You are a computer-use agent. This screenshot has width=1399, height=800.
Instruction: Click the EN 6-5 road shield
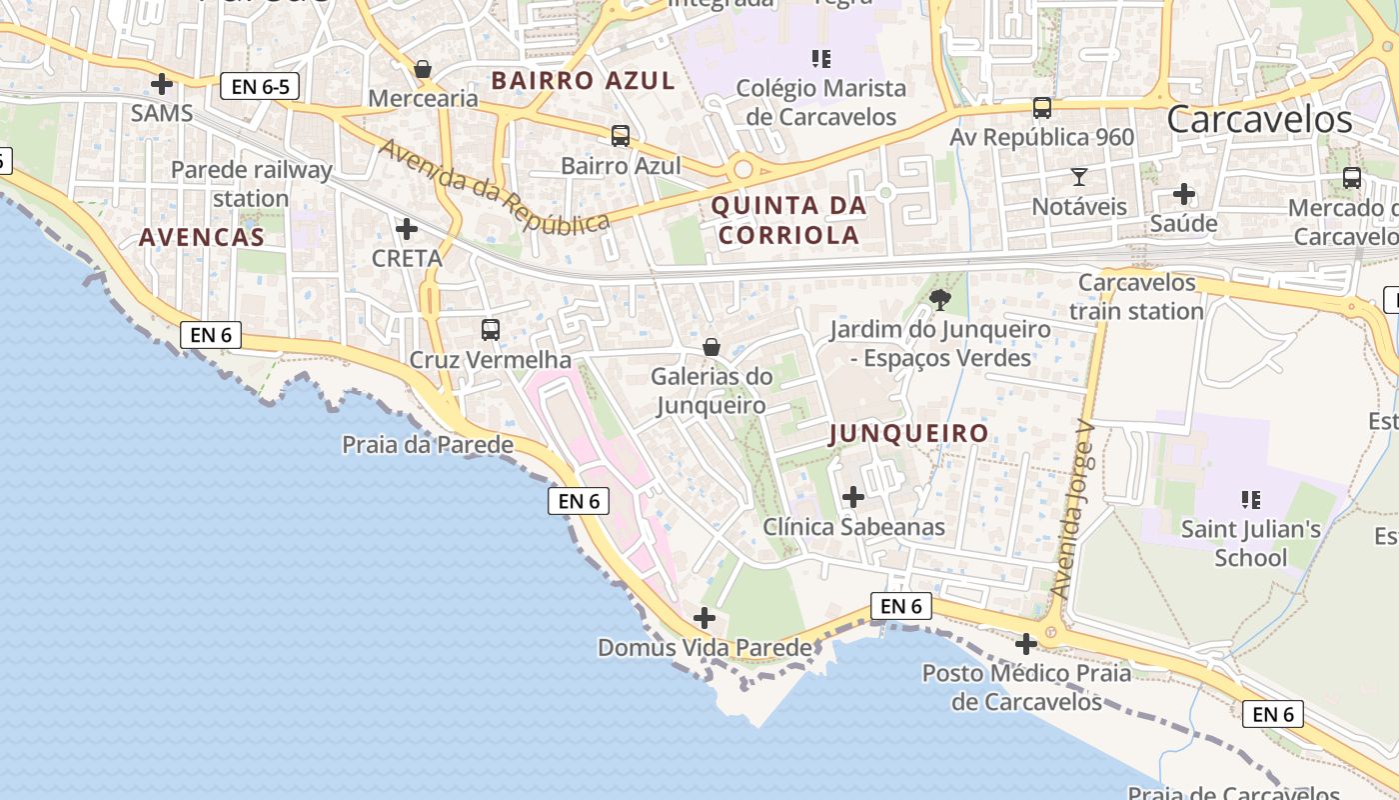[x=260, y=86]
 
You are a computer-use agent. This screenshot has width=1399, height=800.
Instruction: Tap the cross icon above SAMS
[x=162, y=83]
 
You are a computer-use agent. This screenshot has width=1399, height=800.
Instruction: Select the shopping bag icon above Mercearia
[x=423, y=69]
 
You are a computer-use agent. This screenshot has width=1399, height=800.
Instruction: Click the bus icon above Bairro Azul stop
[x=621, y=135]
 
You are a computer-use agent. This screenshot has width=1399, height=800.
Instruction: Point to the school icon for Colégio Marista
[x=821, y=58]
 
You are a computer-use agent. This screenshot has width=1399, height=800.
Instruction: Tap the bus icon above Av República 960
[x=1042, y=107]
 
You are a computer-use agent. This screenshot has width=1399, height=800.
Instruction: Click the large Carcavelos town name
[x=1259, y=119]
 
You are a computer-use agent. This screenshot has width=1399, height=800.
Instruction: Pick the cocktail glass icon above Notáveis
[x=1079, y=177]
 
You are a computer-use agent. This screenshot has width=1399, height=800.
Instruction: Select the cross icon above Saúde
[x=1184, y=193]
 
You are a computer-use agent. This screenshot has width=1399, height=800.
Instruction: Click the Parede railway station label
[x=251, y=184]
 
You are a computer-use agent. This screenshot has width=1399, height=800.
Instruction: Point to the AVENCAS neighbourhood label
[x=202, y=237]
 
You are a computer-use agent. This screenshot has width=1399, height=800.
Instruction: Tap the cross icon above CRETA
[x=407, y=229]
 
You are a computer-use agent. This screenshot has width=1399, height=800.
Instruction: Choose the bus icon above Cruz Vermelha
[x=491, y=329]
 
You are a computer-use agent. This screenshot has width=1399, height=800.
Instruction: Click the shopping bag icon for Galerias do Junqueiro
[x=711, y=347]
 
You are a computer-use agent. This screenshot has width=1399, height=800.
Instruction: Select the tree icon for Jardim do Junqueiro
[x=940, y=298]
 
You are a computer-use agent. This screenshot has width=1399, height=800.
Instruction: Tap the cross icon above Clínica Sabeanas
[x=853, y=496]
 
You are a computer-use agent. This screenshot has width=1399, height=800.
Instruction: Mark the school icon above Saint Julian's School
[x=1250, y=498]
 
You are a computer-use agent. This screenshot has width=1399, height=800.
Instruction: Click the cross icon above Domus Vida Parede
[x=704, y=618]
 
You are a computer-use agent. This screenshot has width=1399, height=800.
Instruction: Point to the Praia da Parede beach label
[x=428, y=445]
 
